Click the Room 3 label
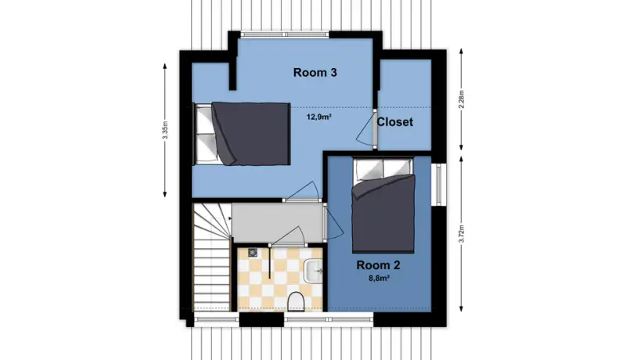[315, 73]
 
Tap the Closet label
[395, 122]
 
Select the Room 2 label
[378, 265]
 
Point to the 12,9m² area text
[320, 117]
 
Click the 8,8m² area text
[379, 279]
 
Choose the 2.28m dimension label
[462, 99]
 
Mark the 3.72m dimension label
[462, 234]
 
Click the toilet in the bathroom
[296, 301]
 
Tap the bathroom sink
[314, 270]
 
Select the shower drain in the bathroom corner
[252, 252]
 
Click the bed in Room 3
[242, 134]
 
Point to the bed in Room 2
[383, 205]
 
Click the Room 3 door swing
[304, 191]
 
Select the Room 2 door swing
[334, 221]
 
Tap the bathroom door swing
[287, 236]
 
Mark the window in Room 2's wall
[438, 185]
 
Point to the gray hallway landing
[279, 223]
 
